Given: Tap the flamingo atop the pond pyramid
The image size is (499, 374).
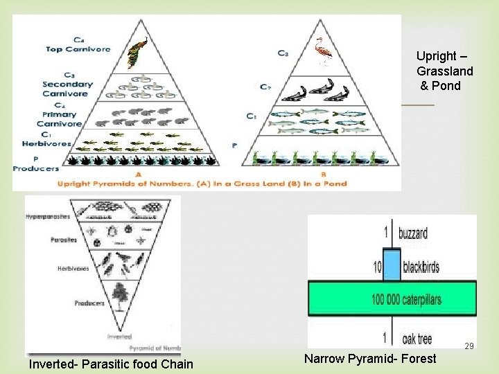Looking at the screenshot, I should pos(322,51).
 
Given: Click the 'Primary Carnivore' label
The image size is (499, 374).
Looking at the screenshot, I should pos(60,119).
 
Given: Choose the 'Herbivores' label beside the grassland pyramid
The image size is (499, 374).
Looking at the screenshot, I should pos(56,144).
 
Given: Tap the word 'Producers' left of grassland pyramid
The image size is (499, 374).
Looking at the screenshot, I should pos(36,168).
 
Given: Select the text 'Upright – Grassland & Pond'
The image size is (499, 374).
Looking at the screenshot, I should pos(444,71).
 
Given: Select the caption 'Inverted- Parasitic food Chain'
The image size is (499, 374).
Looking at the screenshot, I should pos(111,364).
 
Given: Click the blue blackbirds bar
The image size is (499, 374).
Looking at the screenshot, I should pos(392,267).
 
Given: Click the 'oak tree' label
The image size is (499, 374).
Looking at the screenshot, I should pos(417,339).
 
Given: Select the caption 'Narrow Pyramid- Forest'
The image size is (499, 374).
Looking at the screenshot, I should pos(370,358).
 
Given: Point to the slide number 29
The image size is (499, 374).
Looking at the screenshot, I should pos(469,346).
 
